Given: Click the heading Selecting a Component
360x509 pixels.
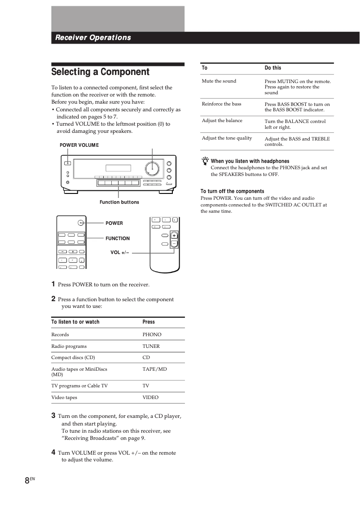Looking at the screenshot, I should pyautogui.click(x=100, y=72).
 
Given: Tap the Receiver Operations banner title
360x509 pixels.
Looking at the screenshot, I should pyautogui.click(x=93, y=38).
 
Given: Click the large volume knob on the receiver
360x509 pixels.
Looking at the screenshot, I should pyautogui.click(x=152, y=169).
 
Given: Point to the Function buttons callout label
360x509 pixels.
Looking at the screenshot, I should pyautogui.click(x=119, y=202).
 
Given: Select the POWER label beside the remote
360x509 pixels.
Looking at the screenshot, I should pyautogui.click(x=114, y=223).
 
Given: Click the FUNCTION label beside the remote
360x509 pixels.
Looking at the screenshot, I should pyautogui.click(x=118, y=238).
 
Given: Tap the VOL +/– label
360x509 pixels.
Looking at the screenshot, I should pyautogui.click(x=120, y=253).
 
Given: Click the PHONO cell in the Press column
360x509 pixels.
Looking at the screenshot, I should pyautogui.click(x=152, y=334).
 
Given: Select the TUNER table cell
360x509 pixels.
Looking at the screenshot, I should pyautogui.click(x=151, y=346).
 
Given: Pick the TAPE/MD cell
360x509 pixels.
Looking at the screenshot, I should pyautogui.click(x=154, y=369).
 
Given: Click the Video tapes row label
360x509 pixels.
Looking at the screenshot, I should pyautogui.click(x=64, y=397).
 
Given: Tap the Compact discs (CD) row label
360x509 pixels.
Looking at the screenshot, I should pyautogui.click(x=73, y=357).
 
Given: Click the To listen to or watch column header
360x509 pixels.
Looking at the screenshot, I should pyautogui.click(x=75, y=322).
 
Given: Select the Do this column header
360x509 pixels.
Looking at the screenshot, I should pyautogui.click(x=273, y=68).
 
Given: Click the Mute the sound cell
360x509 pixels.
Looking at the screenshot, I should pyautogui.click(x=219, y=81).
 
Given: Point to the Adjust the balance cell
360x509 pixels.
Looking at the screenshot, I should pyautogui.click(x=222, y=120).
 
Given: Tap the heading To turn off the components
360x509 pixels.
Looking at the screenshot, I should pyautogui.click(x=233, y=191).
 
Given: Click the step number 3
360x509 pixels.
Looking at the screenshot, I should pyautogui.click(x=53, y=416).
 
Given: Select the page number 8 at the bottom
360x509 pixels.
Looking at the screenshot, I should pyautogui.click(x=27, y=480).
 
